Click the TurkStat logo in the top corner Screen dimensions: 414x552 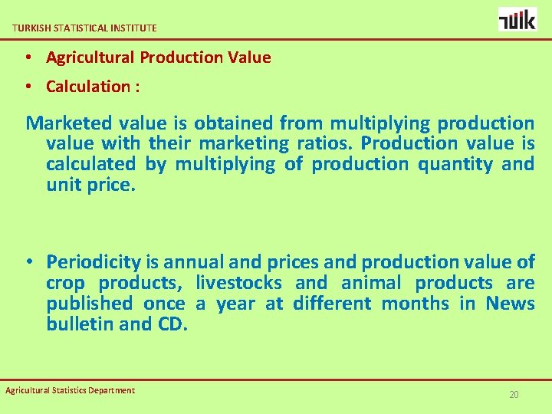[517, 18]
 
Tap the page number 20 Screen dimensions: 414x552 [514, 395]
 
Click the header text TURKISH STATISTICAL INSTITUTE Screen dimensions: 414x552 [84, 28]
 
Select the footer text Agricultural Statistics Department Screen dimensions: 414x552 [70, 390]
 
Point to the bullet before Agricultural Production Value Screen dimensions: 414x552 [27, 58]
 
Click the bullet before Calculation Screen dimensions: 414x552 [27, 87]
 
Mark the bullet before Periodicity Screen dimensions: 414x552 [27, 262]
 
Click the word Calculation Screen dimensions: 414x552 [88, 86]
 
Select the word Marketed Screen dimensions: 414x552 [69, 123]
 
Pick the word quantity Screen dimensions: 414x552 [455, 164]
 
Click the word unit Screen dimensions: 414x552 [62, 185]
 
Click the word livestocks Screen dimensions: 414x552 [238, 283]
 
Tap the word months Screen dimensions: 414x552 [415, 304]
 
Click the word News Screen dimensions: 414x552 [510, 304]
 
